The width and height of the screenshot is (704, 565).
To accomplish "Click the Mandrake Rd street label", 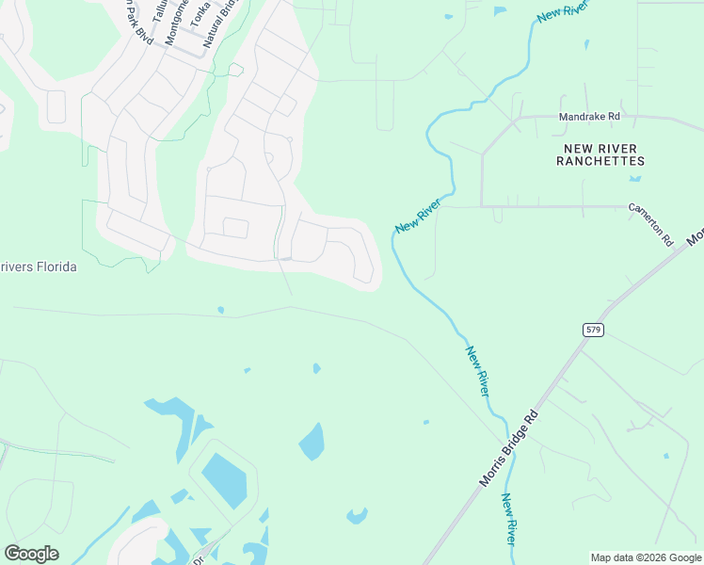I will point(589,117).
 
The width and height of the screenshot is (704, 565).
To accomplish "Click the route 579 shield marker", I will point(592,330).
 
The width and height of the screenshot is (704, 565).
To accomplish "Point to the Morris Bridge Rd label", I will point(508,448).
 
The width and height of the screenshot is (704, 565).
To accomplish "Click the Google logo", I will point(31,554).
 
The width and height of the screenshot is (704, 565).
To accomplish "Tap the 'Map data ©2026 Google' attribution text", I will point(646,557).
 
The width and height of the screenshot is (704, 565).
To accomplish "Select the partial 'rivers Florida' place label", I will point(38,267).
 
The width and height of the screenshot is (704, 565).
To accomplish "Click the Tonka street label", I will point(200,14).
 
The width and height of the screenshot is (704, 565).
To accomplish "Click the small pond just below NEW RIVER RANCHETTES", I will point(636,178).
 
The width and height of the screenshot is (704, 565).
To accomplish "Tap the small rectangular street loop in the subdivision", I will point(234,228).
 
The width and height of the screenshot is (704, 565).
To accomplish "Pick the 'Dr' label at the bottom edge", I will point(199,558).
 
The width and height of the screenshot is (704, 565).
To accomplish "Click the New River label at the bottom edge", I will point(509,519).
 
